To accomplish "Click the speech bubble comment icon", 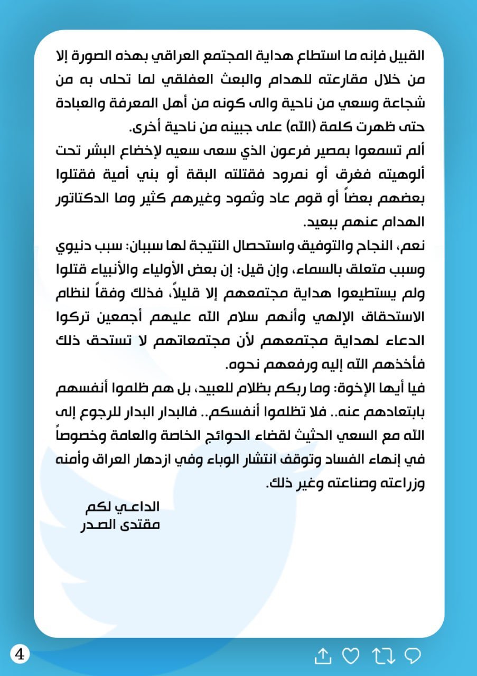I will pyautogui.click(x=412, y=655).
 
